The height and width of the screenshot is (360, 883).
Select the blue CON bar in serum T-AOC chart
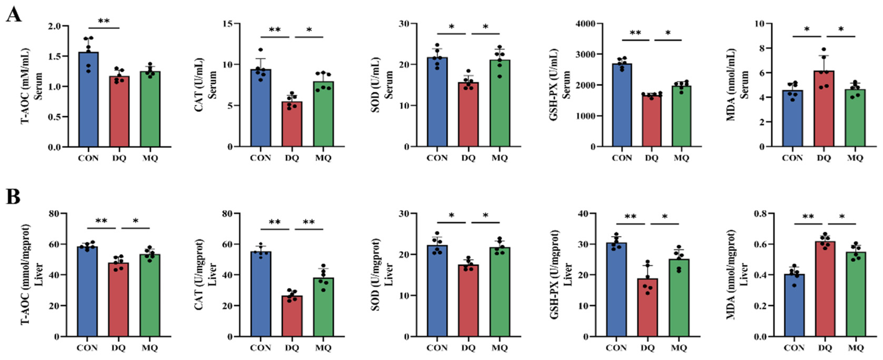(x=88, y=103)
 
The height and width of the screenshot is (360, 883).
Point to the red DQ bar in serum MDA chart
(x=824, y=110)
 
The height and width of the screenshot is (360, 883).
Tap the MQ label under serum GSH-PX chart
(x=681, y=158)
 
